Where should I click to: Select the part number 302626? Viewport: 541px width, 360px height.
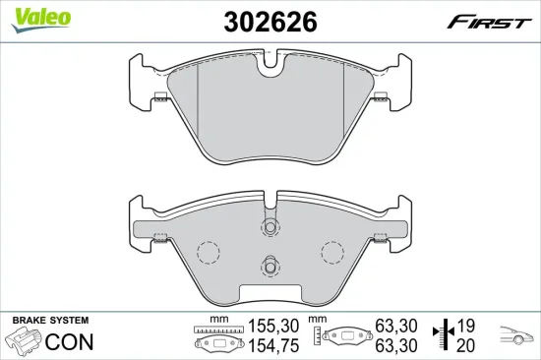(x=270, y=22)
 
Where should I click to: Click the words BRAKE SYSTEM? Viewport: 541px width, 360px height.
(x=50, y=322)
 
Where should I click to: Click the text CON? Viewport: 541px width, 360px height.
(x=71, y=343)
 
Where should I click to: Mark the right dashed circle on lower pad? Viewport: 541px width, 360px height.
(x=331, y=252)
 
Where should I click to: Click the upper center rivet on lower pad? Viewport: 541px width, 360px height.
(x=270, y=227)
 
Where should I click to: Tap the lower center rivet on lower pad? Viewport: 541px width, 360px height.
(x=270, y=264)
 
